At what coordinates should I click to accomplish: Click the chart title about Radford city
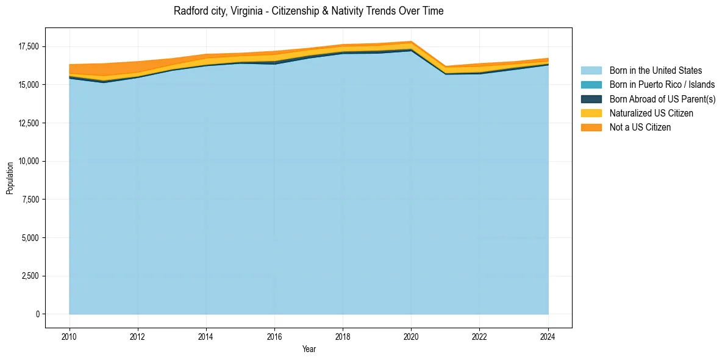[309, 11]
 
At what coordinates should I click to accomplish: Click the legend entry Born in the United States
[655, 71]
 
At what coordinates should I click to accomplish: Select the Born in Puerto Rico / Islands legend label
[662, 85]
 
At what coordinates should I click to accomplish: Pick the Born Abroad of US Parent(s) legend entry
[662, 99]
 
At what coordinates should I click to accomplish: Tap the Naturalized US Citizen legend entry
[651, 113]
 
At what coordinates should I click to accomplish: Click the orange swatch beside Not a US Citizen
[591, 128]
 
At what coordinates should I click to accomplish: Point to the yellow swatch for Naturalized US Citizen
[591, 113]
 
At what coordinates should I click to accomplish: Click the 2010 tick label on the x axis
[70, 336]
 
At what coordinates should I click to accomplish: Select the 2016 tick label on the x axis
[274, 336]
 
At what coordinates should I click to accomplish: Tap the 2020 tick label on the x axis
[412, 336]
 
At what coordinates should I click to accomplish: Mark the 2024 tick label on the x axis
[548, 336]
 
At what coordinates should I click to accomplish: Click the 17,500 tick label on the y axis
[28, 46]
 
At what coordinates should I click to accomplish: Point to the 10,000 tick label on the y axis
[28, 161]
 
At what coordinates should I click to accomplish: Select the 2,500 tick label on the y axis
[30, 276]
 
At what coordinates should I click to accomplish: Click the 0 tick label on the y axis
[37, 314]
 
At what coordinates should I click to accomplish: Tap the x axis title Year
[309, 349]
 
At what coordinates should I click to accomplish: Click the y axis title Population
[10, 178]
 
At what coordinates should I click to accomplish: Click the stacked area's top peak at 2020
[412, 41]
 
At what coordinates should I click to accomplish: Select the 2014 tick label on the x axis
[206, 336]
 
